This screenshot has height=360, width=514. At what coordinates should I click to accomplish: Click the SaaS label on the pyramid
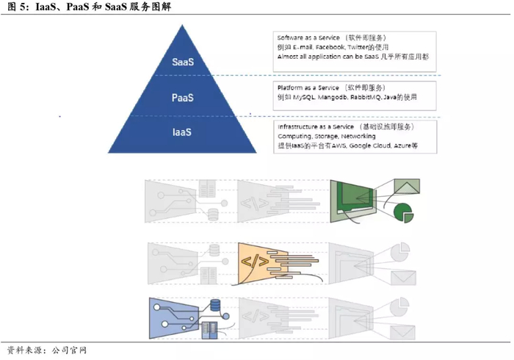[183, 62]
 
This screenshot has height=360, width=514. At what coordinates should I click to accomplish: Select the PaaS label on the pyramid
[183, 98]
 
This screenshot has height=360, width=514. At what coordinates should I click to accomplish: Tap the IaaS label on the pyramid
[183, 133]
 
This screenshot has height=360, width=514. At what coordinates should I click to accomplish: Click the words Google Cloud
[372, 146]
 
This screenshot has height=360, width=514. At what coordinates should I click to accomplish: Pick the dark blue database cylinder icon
[216, 305]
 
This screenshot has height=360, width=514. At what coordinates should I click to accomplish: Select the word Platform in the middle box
[291, 87]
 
